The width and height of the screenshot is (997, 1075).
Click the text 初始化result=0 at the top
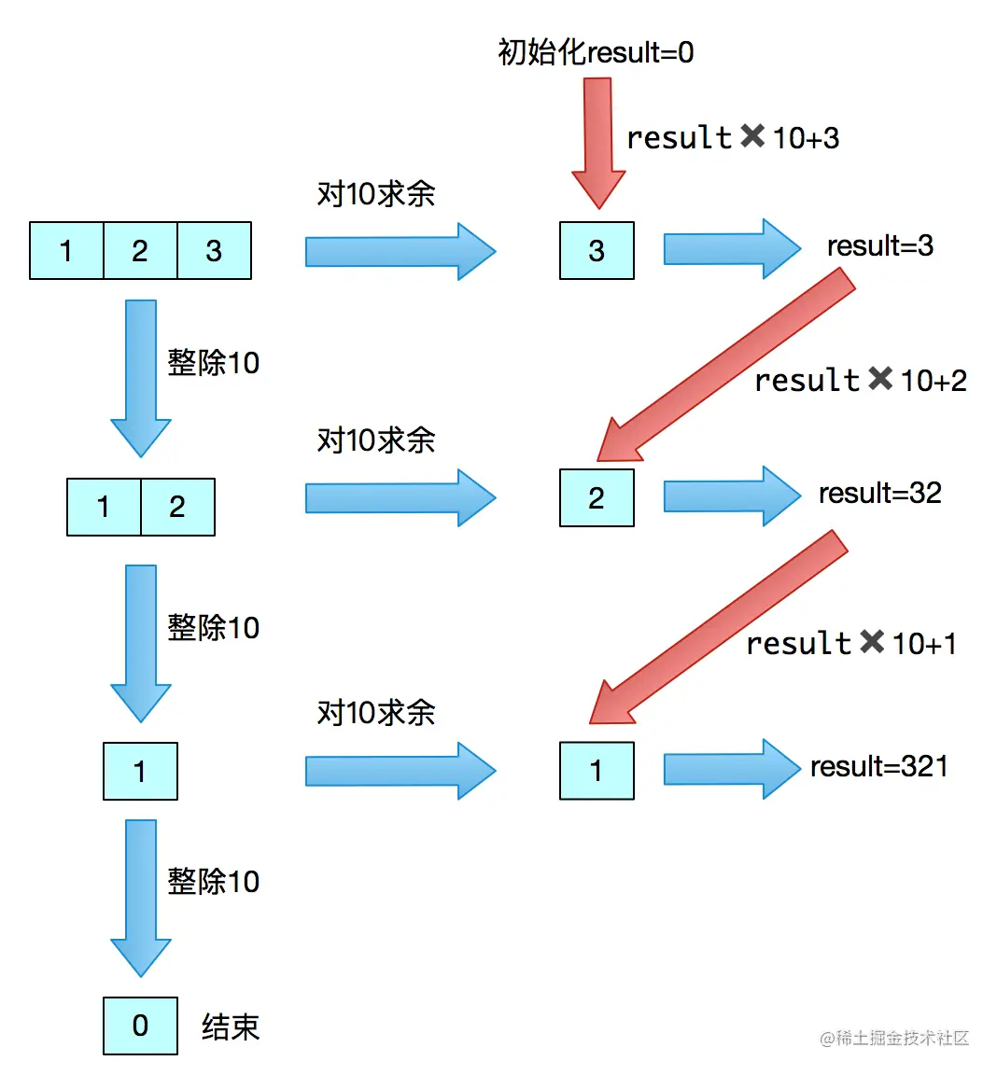click(x=596, y=52)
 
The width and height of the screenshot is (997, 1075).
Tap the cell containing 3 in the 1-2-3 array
click(x=214, y=250)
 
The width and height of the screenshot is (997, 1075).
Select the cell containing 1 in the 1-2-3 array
click(x=66, y=250)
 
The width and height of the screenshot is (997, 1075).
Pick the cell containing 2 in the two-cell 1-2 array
click(x=177, y=507)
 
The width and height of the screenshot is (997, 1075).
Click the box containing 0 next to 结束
click(x=140, y=1026)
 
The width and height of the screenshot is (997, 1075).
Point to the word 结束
click(x=231, y=1026)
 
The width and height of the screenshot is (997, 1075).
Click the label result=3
click(x=879, y=245)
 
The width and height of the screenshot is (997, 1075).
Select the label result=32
click(x=879, y=493)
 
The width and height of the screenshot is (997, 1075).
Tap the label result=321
click(x=878, y=766)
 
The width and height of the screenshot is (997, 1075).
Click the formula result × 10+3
click(x=733, y=138)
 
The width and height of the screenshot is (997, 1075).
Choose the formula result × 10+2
click(x=860, y=380)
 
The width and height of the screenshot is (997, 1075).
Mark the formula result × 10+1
click(x=850, y=643)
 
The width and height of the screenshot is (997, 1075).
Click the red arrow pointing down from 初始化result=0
click(x=597, y=140)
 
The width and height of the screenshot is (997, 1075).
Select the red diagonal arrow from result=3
click(x=728, y=364)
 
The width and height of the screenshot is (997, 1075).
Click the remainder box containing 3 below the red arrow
click(x=597, y=250)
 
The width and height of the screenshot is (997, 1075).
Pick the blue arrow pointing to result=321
click(x=730, y=769)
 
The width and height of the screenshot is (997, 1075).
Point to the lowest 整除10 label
click(x=213, y=881)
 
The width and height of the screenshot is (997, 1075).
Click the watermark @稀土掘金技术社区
click(x=893, y=1038)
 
